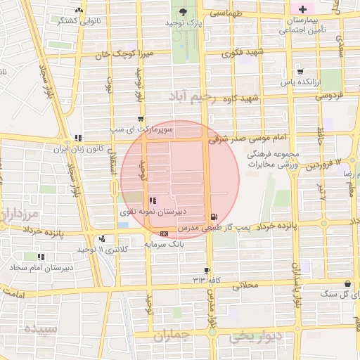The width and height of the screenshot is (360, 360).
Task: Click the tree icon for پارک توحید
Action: (x=184, y=12)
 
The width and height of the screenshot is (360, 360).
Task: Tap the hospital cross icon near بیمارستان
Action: (x=302, y=9)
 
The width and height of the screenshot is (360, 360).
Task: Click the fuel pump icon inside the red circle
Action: (x=213, y=216)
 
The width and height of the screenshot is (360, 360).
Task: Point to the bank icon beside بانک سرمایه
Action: (x=164, y=233)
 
